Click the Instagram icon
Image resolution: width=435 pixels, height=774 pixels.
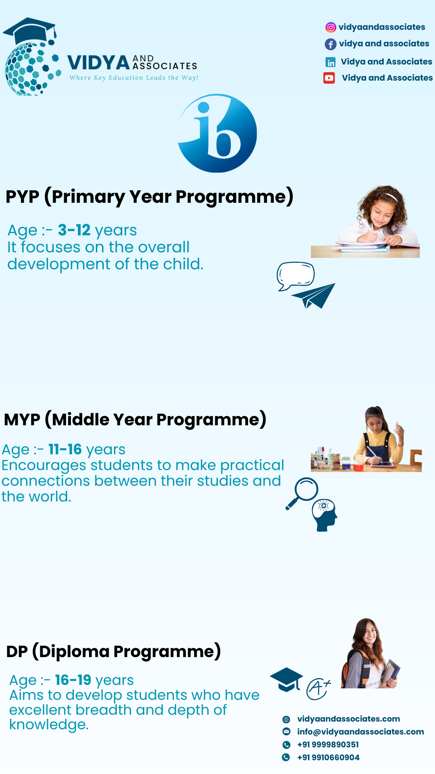point(331,27)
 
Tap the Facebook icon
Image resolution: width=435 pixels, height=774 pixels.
point(331,44)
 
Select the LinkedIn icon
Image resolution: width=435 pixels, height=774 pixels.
point(331,62)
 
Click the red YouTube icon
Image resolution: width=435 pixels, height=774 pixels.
point(329,78)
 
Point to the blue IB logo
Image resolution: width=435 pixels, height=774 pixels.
point(217,133)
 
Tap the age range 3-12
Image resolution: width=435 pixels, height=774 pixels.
point(74,230)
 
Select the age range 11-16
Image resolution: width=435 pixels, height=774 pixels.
point(65,449)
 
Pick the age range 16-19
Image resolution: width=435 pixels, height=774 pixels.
point(73,680)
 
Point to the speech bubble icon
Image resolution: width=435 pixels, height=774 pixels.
point(296,276)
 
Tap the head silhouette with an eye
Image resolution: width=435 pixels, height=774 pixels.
point(325,516)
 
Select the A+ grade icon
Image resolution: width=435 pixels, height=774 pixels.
point(319,689)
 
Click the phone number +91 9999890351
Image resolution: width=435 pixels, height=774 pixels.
point(328,745)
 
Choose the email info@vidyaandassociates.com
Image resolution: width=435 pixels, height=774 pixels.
point(360,732)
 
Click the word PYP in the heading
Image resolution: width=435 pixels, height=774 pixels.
point(23,197)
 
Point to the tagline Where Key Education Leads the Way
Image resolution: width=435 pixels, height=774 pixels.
point(134,78)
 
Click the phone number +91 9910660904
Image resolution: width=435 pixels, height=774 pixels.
point(328,757)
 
